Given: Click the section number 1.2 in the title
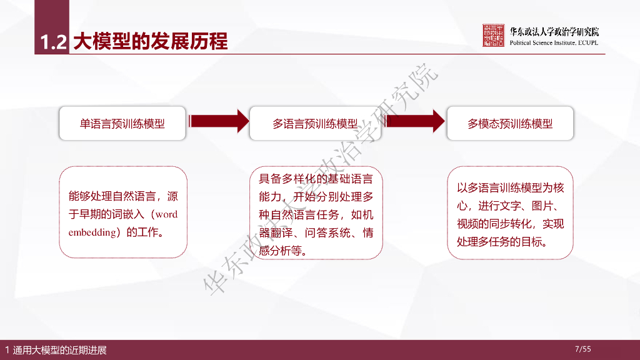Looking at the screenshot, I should (52, 41).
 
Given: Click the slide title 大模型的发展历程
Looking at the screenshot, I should (150, 41).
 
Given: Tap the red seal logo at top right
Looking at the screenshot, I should (493, 36).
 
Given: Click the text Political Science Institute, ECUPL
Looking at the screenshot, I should (554, 42).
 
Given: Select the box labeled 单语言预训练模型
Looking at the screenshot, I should (122, 124).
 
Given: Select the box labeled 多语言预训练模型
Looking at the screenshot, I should (315, 124).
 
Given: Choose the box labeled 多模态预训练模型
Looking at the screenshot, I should (510, 124).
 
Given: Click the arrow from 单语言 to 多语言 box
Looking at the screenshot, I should (219, 121).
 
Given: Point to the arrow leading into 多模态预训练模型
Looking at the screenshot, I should (412, 121).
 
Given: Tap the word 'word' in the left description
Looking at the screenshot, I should (166, 214).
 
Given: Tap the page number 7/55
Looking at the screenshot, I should (582, 349).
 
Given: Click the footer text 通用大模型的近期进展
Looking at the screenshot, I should (59, 350).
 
